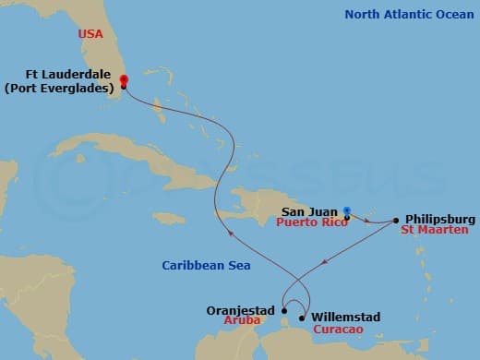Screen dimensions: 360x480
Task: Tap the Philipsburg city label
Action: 439,219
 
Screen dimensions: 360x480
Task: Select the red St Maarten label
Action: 435,230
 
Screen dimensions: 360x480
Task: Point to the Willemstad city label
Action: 346,317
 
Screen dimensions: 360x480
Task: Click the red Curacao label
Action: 335,329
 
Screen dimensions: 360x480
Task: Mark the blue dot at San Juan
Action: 347,210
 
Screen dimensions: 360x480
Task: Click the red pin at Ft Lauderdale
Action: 123,80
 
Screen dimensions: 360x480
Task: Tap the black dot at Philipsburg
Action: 396,221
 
